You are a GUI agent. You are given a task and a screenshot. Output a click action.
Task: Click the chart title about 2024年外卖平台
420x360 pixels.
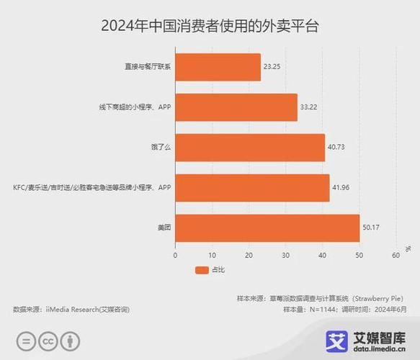pos(210,27)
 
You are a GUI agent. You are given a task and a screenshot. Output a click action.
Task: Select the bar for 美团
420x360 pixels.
pos(267,228)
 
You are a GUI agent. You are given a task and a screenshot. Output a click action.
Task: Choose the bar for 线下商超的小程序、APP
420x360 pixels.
pos(236,107)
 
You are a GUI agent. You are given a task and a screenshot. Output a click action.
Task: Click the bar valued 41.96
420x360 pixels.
pos(252,188)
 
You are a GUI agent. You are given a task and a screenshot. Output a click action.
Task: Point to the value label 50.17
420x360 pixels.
pos(372,228)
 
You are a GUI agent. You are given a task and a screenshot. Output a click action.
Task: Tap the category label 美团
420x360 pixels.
pos(164,228)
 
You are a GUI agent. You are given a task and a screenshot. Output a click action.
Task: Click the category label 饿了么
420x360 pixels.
pos(161,148)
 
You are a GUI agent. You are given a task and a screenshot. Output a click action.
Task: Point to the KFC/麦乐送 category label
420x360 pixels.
pos(90,188)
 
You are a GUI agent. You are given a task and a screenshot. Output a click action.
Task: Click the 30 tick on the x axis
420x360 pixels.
pos(285,255)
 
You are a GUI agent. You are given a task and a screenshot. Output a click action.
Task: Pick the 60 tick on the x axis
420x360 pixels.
pos(396,255)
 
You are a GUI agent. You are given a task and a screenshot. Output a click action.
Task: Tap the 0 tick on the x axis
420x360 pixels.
pos(175,255)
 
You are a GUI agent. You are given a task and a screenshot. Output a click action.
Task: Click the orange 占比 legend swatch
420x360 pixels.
pos(202,271)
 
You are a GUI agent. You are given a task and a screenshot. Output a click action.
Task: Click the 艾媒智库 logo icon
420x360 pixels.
pos(336,341)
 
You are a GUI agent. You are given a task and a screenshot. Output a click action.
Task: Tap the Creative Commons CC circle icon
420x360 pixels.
pos(48,341)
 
